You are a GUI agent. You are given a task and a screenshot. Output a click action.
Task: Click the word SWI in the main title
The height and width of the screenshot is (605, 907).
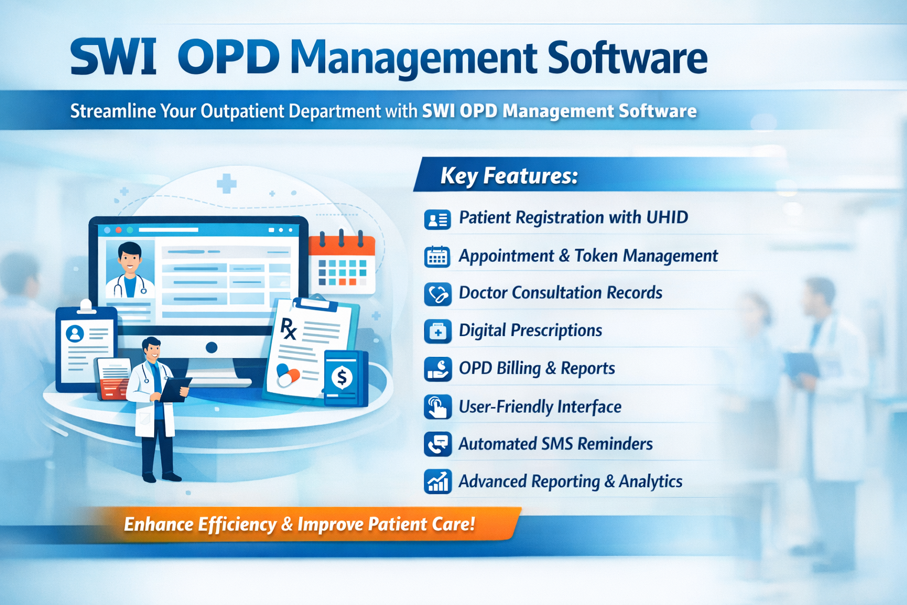pos(113,58)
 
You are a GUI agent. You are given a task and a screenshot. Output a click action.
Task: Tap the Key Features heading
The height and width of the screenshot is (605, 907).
pos(509,176)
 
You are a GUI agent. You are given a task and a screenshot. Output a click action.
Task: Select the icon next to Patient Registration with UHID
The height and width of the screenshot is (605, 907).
pos(438,219)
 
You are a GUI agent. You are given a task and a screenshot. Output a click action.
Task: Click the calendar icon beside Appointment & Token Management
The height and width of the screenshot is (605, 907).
pos(438,257)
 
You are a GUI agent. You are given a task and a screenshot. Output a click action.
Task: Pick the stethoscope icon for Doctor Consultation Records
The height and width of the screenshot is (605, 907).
pos(438,294)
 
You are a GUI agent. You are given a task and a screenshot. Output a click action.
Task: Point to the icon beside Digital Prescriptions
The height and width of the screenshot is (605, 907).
pos(438,331)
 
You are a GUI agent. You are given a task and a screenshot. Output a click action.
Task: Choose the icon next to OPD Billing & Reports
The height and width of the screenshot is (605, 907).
pos(438,369)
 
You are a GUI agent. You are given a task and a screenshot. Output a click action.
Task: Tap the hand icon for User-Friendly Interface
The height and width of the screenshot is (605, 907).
pos(438,407)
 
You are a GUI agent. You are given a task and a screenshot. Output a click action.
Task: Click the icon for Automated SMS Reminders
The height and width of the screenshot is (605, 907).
pos(438,444)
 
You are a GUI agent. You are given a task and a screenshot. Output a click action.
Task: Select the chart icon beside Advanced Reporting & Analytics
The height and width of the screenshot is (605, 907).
pos(438,482)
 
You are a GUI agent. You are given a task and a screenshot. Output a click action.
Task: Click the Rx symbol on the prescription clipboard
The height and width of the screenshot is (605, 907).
pos(288,329)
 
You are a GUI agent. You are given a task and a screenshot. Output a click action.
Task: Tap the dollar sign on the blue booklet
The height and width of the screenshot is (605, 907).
pos(341,377)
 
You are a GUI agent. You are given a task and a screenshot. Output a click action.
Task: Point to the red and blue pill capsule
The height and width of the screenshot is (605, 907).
pos(288,375)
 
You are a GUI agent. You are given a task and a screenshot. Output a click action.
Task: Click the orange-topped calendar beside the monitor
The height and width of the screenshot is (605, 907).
pos(342,263)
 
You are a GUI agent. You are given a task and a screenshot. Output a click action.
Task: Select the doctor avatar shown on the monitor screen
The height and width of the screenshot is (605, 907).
pos(130,269)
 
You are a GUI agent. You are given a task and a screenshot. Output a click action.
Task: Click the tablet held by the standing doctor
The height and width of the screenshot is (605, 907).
pos(174,388)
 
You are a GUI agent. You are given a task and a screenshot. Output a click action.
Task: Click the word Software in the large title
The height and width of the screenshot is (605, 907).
pos(627,58)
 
